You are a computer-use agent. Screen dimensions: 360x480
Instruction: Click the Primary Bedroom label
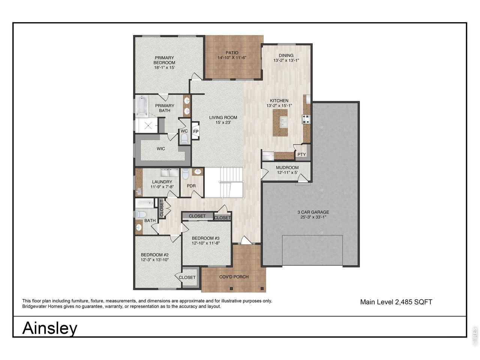[x=165, y=60]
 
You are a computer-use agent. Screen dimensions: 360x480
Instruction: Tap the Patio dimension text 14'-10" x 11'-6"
[x=232, y=58]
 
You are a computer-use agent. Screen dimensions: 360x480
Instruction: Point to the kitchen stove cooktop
[x=306, y=119]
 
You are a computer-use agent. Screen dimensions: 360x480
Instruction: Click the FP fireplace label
[x=195, y=132]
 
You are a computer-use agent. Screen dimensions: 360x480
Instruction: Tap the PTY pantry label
[x=301, y=154]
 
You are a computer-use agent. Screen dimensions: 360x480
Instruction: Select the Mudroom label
[x=287, y=168]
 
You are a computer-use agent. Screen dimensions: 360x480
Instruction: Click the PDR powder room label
[x=191, y=186]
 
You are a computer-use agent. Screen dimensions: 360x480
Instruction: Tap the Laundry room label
[x=162, y=182]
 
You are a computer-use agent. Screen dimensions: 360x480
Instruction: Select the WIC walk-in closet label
[x=160, y=149]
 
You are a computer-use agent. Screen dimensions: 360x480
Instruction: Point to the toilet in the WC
[x=184, y=139]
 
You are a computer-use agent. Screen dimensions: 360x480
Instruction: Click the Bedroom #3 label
[x=205, y=238]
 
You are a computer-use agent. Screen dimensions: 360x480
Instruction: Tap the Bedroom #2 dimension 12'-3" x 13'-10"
[x=155, y=260]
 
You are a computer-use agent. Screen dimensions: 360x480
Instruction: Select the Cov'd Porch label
[x=234, y=277]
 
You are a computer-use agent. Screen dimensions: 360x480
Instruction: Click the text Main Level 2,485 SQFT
[x=396, y=302]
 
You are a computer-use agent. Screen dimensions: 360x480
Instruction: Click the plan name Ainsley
[x=50, y=328]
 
